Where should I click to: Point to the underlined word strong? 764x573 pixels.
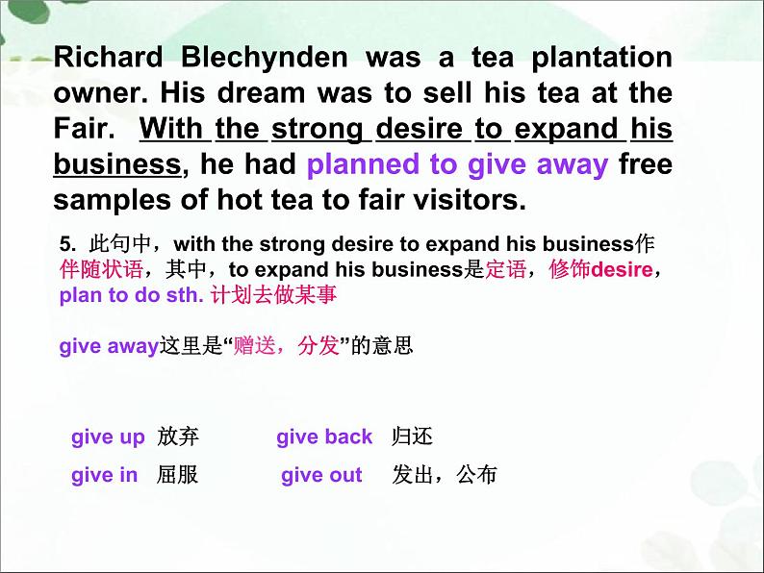click(x=317, y=129)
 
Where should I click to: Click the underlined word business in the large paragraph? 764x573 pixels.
click(x=116, y=164)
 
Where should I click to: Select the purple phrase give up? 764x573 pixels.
click(x=108, y=437)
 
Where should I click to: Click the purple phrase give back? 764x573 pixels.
click(x=324, y=437)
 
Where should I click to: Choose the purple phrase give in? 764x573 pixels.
click(x=104, y=475)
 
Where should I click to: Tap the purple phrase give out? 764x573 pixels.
click(x=321, y=475)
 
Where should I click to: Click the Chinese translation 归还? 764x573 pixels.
click(x=413, y=437)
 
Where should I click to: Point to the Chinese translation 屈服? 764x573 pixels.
click(x=177, y=475)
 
